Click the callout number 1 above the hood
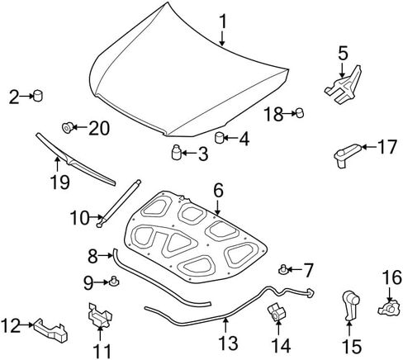(223, 21)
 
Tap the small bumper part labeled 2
(38, 95)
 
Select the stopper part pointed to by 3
(176, 152)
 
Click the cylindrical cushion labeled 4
(219, 138)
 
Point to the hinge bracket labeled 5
(344, 85)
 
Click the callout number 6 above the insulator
(218, 191)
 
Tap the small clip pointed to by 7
(282, 269)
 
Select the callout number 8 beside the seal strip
(92, 256)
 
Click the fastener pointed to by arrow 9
(114, 282)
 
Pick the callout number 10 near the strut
(80, 218)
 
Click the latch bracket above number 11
(100, 315)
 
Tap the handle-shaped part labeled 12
(51, 330)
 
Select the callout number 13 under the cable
(228, 343)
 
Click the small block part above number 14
(277, 311)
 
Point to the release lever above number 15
(350, 306)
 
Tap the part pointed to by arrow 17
(347, 155)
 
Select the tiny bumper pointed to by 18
(300, 113)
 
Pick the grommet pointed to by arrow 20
(67, 127)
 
